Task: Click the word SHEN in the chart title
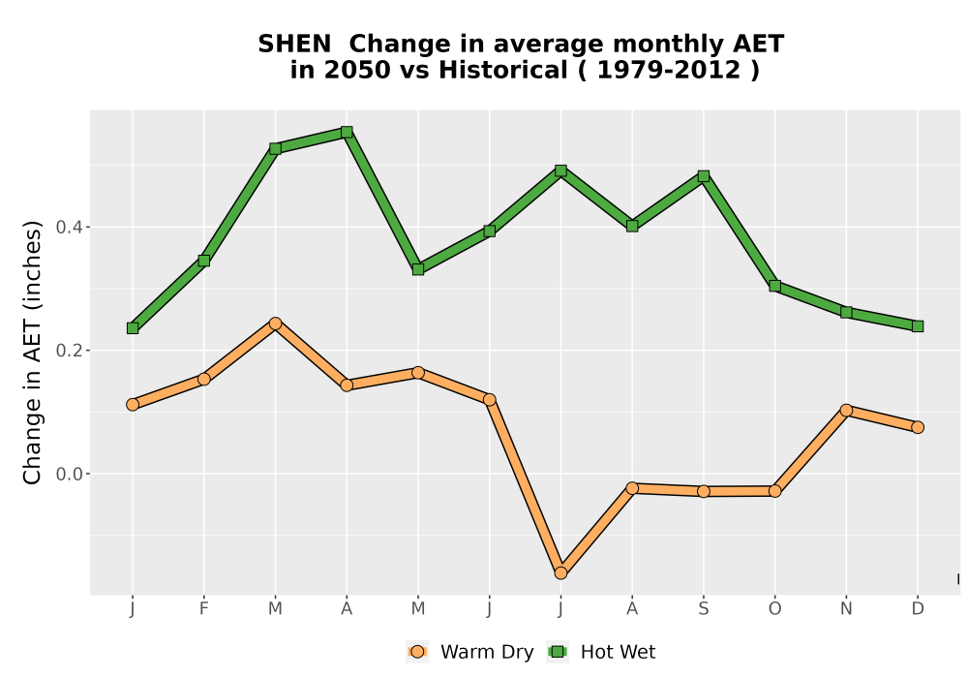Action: click(x=294, y=45)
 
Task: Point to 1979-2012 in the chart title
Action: click(x=669, y=71)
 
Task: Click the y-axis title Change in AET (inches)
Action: click(x=32, y=353)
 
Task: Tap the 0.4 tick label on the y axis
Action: click(x=69, y=228)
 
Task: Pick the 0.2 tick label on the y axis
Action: click(x=69, y=351)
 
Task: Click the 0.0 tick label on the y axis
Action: click(x=69, y=475)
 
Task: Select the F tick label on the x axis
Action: click(x=203, y=609)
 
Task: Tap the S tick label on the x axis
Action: click(x=703, y=609)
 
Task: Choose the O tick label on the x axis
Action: click(x=774, y=609)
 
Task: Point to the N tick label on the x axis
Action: click(x=846, y=609)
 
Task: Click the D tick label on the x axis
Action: click(x=918, y=609)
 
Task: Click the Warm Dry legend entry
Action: click(x=469, y=652)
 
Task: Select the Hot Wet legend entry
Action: click(x=601, y=652)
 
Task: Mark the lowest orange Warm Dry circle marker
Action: click(x=560, y=573)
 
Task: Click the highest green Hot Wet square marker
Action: click(x=347, y=132)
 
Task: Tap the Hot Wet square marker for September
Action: click(x=703, y=176)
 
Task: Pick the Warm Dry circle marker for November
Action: click(x=846, y=411)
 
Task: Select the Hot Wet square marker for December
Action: click(x=918, y=326)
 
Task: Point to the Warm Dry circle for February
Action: click(x=203, y=379)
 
